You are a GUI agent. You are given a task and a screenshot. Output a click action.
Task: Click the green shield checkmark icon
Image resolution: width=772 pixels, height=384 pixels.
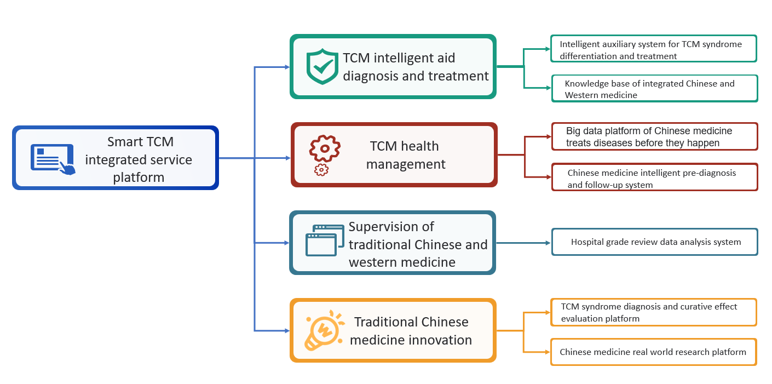pyautogui.click(x=322, y=67)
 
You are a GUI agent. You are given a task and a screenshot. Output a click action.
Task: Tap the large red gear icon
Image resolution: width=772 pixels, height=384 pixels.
pyautogui.click(x=325, y=147)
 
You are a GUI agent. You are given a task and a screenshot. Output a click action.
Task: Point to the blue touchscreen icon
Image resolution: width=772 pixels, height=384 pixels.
pyautogui.click(x=53, y=159)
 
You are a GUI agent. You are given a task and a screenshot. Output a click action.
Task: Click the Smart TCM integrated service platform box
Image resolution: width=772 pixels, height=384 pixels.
pyautogui.click(x=116, y=158)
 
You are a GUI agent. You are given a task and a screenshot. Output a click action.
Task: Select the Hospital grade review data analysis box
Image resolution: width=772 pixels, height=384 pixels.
pyautogui.click(x=654, y=242)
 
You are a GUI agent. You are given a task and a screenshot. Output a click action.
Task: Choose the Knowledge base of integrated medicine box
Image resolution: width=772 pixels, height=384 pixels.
pyautogui.click(x=654, y=89)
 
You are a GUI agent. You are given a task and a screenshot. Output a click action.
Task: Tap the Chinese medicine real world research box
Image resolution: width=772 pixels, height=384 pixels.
pyautogui.click(x=653, y=352)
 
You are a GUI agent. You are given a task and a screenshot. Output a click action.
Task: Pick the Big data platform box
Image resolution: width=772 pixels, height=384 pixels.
pyautogui.click(x=654, y=136)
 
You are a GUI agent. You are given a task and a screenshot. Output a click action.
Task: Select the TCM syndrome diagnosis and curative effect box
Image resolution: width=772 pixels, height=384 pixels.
pyautogui.click(x=653, y=312)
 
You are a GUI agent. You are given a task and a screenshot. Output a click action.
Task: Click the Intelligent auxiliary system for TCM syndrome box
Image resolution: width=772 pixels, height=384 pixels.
pyautogui.click(x=653, y=49)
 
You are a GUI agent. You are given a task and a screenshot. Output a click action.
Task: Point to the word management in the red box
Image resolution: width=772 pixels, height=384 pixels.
pyautogui.click(x=406, y=164)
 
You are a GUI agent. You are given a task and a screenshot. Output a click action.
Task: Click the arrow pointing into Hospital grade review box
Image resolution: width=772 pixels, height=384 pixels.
pyautogui.click(x=548, y=242)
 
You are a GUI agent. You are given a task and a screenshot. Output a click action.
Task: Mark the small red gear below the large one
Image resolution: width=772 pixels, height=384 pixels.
pyautogui.click(x=321, y=170)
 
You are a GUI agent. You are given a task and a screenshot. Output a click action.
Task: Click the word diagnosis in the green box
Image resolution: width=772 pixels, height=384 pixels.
pyautogui.click(x=371, y=76)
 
